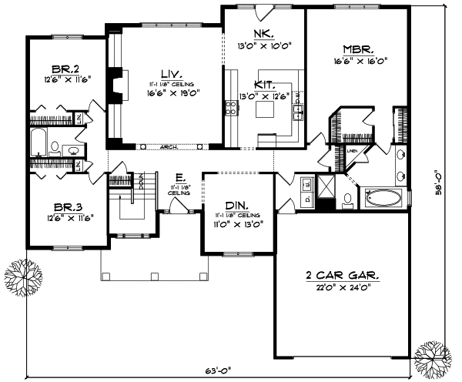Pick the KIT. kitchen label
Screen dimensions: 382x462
(x=264, y=85)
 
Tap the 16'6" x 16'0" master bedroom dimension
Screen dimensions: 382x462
(x=360, y=59)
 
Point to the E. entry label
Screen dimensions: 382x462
(x=178, y=176)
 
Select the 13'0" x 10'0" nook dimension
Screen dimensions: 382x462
(x=263, y=44)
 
